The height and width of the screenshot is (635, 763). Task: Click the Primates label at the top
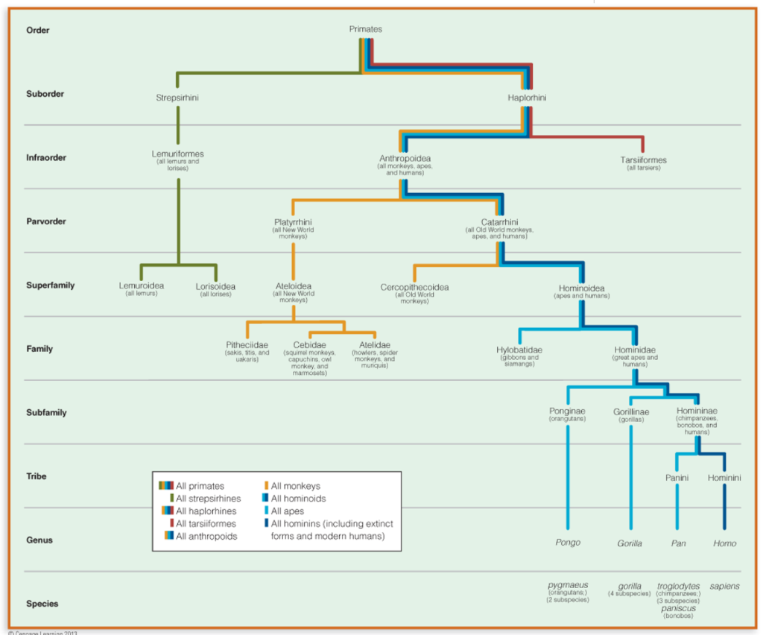[366, 29]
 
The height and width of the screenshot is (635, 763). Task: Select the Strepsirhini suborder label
[177, 98]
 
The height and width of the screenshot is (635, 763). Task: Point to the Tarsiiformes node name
[643, 159]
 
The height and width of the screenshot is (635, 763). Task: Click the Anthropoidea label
[405, 159]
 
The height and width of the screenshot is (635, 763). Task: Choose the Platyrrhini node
[293, 222]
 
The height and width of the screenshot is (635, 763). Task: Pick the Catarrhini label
[498, 222]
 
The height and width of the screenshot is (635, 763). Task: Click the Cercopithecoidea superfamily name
[414, 287]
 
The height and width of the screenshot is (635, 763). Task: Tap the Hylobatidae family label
[519, 350]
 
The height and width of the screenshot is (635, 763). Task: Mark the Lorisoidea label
[215, 286]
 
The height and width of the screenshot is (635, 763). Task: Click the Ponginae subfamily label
[567, 411]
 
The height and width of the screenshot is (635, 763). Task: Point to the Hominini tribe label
[724, 478]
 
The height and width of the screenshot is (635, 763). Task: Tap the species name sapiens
[724, 586]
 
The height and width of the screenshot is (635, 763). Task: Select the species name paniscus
[678, 608]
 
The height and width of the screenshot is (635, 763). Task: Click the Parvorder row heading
[46, 221]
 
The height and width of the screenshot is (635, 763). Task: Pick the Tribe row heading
[37, 476]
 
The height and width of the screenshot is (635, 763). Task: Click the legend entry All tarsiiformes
[206, 524]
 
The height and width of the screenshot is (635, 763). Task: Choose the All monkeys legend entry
[295, 486]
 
